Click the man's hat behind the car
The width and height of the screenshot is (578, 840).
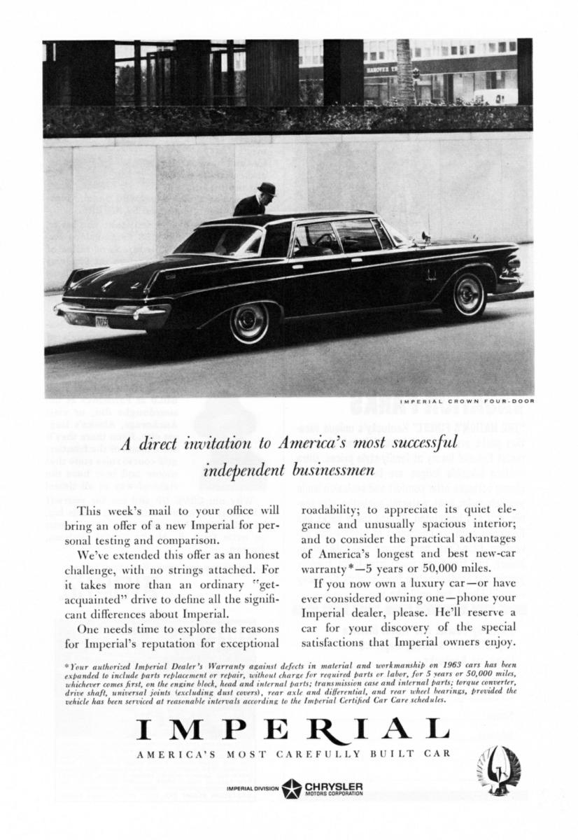point(266,188)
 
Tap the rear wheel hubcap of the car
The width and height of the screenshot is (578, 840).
point(248,323)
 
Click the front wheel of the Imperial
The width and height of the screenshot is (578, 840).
point(468,295)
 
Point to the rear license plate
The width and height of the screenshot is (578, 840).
point(103,322)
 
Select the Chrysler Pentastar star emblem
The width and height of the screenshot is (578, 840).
point(291,789)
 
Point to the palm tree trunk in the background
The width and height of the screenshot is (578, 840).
point(404,70)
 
